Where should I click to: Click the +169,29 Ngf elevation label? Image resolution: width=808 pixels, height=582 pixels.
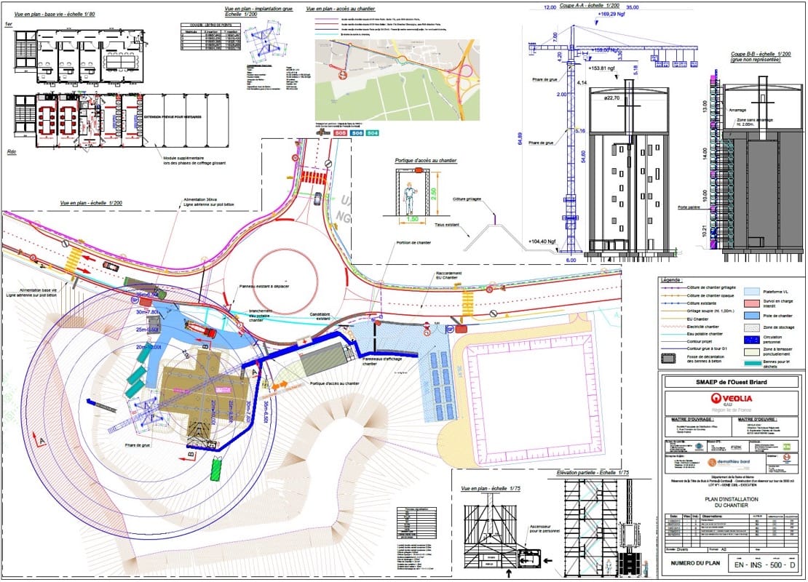point(612,14)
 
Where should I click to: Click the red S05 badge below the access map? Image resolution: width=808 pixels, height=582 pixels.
point(339,133)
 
